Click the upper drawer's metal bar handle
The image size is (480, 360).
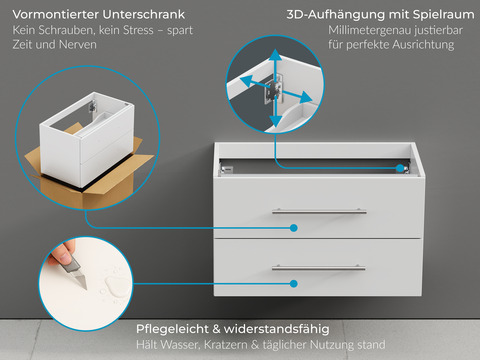[x=319, y=211]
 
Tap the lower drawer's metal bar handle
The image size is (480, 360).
[x=319, y=268]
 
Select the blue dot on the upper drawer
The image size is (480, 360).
[x=295, y=227]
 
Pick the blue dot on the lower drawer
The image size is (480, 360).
[x=295, y=284]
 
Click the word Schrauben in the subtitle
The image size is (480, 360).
[x=66, y=32]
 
